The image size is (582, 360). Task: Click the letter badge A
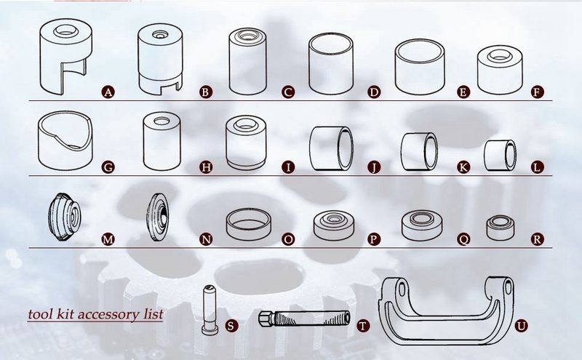tap(108, 92)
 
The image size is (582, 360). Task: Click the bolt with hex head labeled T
tap(303, 319)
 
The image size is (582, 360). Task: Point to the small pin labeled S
tap(210, 310)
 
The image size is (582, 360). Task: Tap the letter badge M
tap(108, 239)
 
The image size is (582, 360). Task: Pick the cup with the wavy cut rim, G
tap(65, 140)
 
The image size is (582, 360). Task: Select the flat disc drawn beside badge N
tap(157, 217)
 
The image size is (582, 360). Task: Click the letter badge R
tap(537, 239)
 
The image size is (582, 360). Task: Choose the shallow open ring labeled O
tap(248, 224)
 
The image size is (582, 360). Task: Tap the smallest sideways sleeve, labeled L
tap(500, 155)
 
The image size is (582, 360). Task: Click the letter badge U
tap(521, 327)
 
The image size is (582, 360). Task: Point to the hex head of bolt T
tap(266, 319)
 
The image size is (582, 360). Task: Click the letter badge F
tap(537, 92)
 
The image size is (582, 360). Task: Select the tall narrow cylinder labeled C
tap(247, 61)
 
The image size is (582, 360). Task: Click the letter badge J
tap(374, 167)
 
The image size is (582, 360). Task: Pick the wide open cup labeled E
tap(420, 66)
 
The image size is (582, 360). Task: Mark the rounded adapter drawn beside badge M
tap(65, 217)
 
